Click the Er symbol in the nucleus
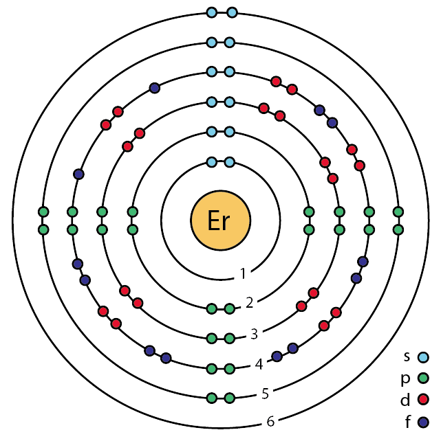[x=220, y=221]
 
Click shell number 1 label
[x=243, y=275]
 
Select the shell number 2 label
[x=250, y=302]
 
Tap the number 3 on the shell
[x=254, y=335]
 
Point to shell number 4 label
[x=259, y=365]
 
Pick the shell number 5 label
[x=265, y=394]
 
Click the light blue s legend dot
[x=423, y=357]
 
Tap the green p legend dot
[x=423, y=378]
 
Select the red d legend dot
[x=423, y=399]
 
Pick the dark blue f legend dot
[x=423, y=420]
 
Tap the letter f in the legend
[x=409, y=419]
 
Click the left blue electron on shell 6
[x=212, y=12]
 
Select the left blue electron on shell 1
[x=212, y=163]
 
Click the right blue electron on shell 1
[x=230, y=163]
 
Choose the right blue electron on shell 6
[x=232, y=12]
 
